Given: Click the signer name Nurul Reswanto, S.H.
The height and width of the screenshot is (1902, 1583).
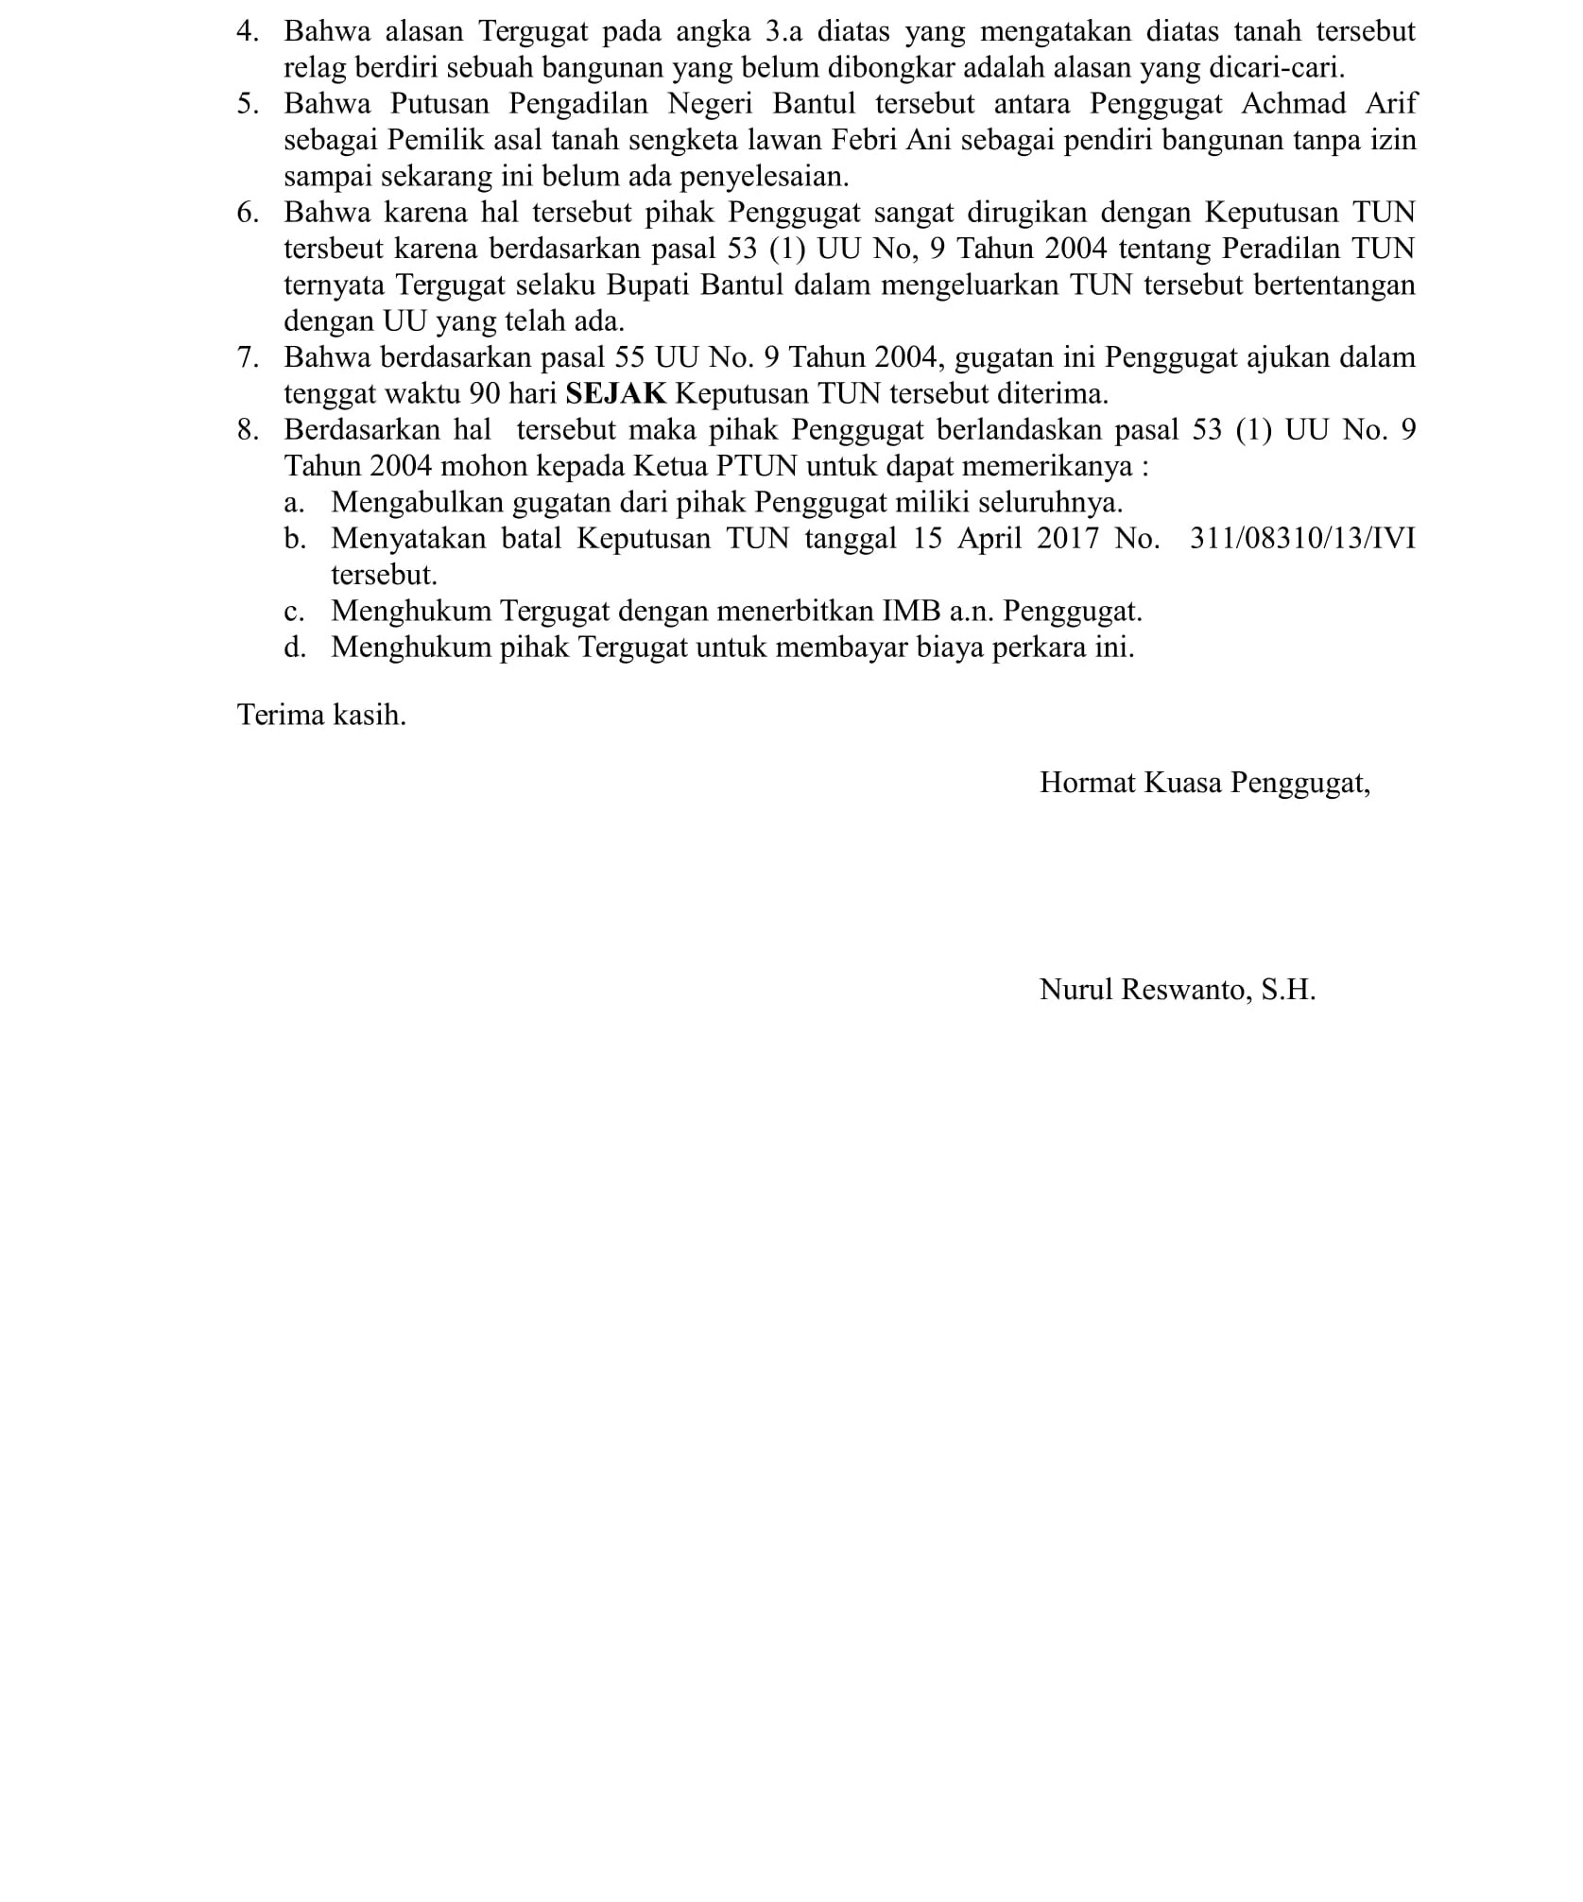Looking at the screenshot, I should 1177,990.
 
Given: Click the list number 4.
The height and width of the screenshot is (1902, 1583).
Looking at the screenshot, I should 247,31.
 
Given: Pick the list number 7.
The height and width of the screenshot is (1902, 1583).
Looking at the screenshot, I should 247,357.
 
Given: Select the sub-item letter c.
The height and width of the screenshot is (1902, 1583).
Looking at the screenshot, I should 294,611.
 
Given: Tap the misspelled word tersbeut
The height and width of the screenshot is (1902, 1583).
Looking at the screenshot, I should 334,249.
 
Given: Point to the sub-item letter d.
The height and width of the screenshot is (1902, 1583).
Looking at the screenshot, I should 294,648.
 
